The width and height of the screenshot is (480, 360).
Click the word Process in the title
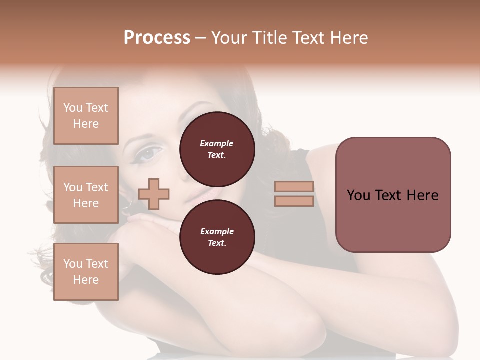point(157,38)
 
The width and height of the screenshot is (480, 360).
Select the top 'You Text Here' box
point(86,116)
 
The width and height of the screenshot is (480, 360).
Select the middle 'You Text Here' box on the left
point(86,195)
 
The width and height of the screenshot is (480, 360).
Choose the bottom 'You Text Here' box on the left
point(86,272)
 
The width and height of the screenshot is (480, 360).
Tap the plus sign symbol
point(154,194)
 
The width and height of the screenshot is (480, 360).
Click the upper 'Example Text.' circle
point(217,149)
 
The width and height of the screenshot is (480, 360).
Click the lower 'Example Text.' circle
point(217,237)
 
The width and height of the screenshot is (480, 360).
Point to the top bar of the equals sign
point(294,187)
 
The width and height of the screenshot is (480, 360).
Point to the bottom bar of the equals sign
point(294,201)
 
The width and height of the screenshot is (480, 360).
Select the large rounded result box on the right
point(393,195)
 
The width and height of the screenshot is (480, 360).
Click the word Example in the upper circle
point(217,143)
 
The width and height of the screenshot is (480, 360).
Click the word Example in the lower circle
point(217,231)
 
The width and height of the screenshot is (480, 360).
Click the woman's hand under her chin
point(145,225)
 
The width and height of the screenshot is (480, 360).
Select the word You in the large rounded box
point(358,195)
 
